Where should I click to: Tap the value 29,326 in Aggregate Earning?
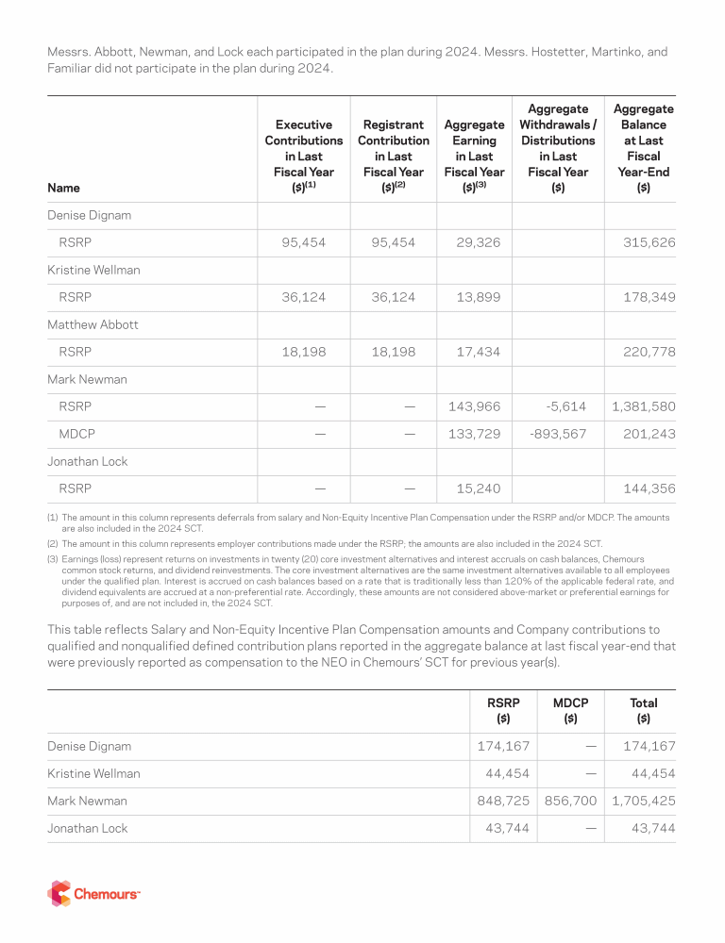476,242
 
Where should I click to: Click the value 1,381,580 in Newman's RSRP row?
644,406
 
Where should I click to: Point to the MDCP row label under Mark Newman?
75,434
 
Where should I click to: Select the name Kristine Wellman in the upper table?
93,270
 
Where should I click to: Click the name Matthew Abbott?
93,324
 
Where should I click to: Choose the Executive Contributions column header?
303,156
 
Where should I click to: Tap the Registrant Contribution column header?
393,156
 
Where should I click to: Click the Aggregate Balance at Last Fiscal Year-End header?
643,148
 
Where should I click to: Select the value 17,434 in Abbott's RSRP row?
476,352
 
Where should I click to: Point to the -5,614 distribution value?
565,406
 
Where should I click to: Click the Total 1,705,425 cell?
644,801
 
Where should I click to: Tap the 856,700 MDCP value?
571,801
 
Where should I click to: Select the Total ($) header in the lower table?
643,710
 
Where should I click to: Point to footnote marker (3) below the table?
53,558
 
